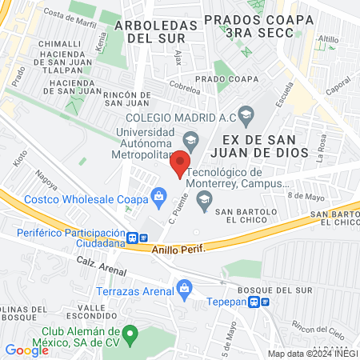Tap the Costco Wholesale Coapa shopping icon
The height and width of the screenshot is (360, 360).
pos(159,195)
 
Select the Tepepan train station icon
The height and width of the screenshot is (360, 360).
pos(254,302)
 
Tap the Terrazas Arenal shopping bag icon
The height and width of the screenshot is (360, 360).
pos(185,286)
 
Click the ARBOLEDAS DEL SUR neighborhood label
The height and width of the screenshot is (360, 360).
pos(156,30)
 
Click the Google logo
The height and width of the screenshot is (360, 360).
pos(26,350)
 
